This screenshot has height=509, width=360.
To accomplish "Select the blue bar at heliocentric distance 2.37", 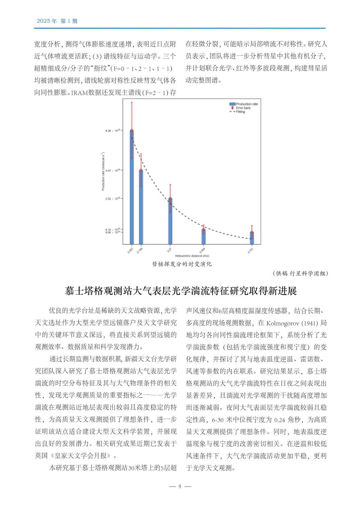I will coord(170,221).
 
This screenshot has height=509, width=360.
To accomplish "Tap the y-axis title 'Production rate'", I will coord(103,172).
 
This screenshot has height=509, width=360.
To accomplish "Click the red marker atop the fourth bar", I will coord(203,229).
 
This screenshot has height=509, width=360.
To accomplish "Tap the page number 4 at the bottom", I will coord(180,486).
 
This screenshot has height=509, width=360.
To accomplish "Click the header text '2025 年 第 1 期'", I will coord(57,21).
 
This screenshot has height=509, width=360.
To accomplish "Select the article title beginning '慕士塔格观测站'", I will coord(181,291).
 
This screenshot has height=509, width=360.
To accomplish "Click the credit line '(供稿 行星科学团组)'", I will coord(300,273).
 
